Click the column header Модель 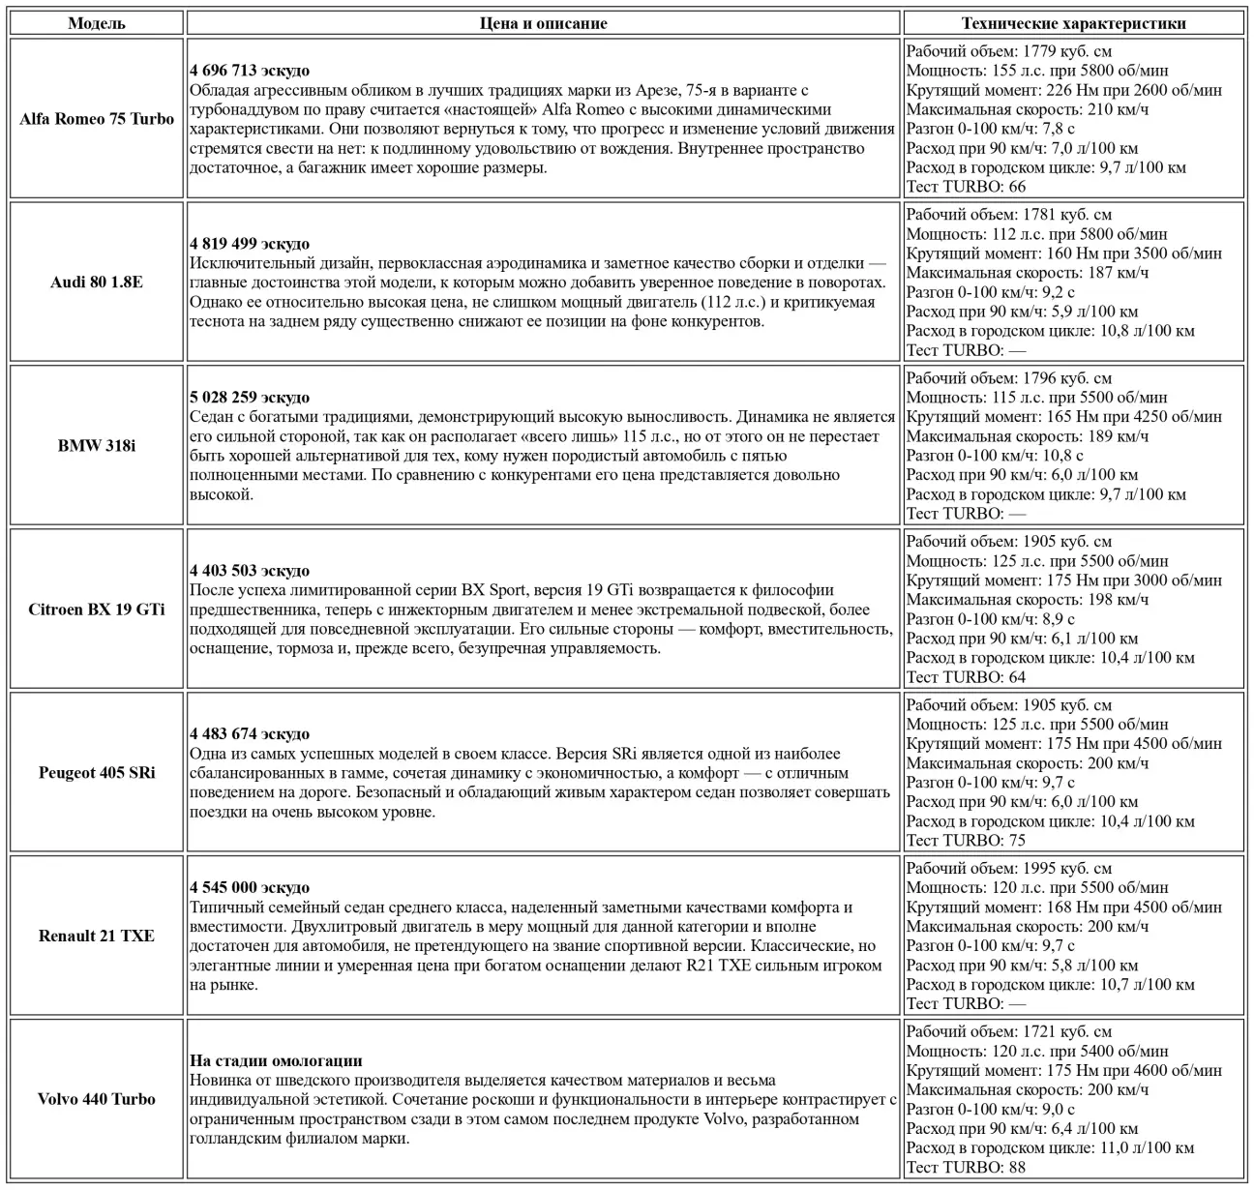click(x=96, y=23)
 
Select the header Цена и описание click(x=543, y=23)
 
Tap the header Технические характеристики click(x=1073, y=23)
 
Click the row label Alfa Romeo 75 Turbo click(x=97, y=119)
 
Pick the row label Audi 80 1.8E click(x=97, y=283)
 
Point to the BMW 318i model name click(x=97, y=446)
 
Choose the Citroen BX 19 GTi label click(x=97, y=610)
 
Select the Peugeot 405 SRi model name click(x=97, y=773)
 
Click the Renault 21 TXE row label click(x=97, y=936)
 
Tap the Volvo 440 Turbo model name click(x=97, y=1099)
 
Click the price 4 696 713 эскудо click(x=250, y=71)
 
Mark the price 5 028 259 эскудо click(x=250, y=398)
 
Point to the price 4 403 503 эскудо click(x=250, y=571)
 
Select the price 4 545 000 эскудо click(x=250, y=887)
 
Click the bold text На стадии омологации click(x=276, y=1060)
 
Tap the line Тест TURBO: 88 click(x=966, y=1167)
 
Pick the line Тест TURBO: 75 click(x=966, y=840)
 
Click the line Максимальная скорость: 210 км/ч click(x=1028, y=109)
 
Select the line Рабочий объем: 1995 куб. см click(x=1008, y=868)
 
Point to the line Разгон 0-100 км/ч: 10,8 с click(x=995, y=455)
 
